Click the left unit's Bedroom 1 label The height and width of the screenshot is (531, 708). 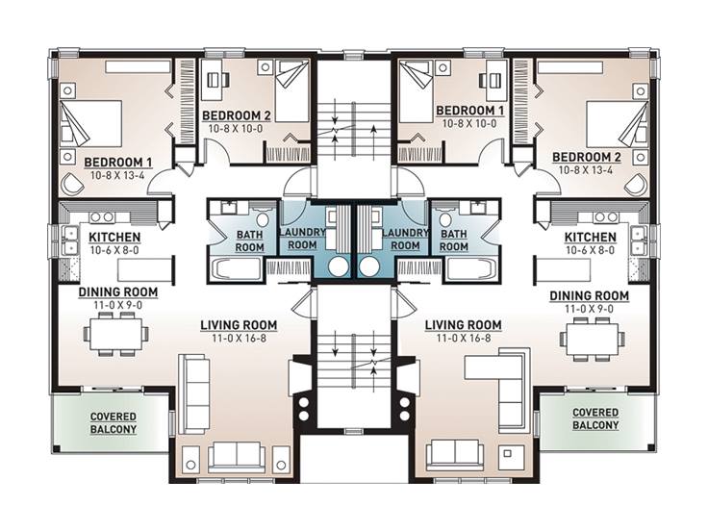point(118,163)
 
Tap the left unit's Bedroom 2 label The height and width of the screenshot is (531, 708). point(236,115)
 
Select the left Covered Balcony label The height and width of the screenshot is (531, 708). point(114,423)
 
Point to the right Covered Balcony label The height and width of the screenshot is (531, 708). point(595,419)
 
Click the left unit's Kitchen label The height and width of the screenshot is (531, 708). point(114,237)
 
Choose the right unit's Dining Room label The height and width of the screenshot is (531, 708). point(590,296)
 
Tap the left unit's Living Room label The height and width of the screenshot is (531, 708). point(239,325)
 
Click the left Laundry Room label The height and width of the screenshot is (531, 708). point(302,239)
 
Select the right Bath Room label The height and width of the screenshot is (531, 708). point(454,240)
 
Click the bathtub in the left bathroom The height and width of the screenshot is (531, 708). point(237,269)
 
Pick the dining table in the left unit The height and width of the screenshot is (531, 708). point(115,335)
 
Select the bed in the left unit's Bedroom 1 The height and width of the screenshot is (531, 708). point(90,123)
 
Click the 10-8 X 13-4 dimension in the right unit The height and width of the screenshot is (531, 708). point(586,170)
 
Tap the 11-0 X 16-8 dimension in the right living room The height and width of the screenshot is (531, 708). point(464,339)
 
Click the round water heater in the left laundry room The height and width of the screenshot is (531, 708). point(339,266)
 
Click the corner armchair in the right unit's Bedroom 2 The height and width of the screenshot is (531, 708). point(636,185)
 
